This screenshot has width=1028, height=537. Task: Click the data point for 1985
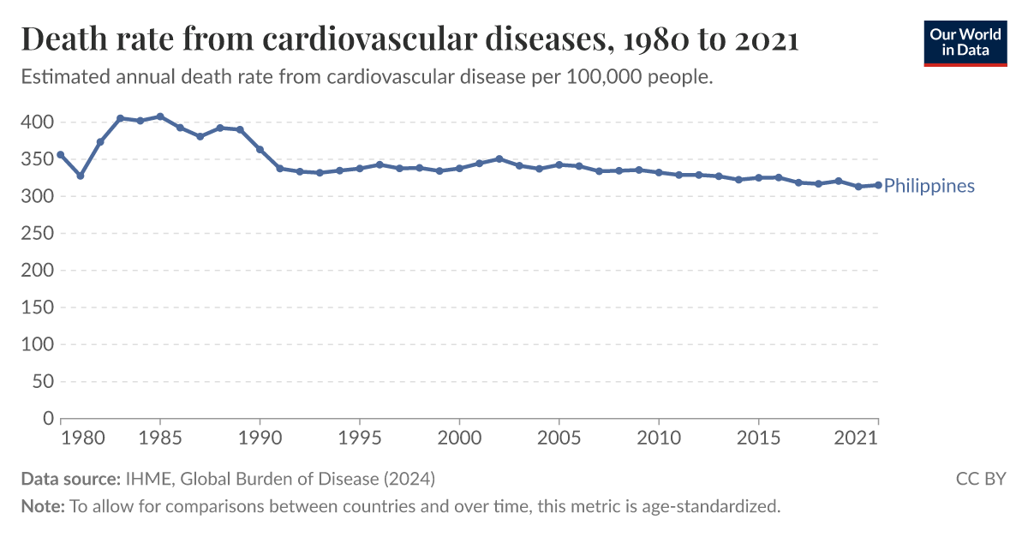[x=160, y=116]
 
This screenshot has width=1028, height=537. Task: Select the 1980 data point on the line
[x=61, y=155]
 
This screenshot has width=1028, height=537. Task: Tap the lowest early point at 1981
[x=81, y=176]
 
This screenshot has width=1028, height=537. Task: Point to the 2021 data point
[x=877, y=185]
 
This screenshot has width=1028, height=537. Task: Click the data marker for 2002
[x=499, y=158]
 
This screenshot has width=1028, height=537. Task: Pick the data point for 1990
[x=260, y=150]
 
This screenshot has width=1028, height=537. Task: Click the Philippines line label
[x=929, y=186]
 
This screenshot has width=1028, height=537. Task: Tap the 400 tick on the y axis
[x=37, y=122]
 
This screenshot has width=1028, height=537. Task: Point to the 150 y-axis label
[x=37, y=307]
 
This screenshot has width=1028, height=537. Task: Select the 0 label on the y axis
[x=49, y=418]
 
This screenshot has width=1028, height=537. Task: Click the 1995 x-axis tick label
[x=360, y=438]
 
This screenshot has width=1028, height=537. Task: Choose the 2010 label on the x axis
[x=659, y=438]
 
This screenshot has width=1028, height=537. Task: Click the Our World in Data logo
[x=965, y=42]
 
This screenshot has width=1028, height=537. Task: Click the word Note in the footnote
[x=41, y=506]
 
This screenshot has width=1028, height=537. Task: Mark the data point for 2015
[x=758, y=178]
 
